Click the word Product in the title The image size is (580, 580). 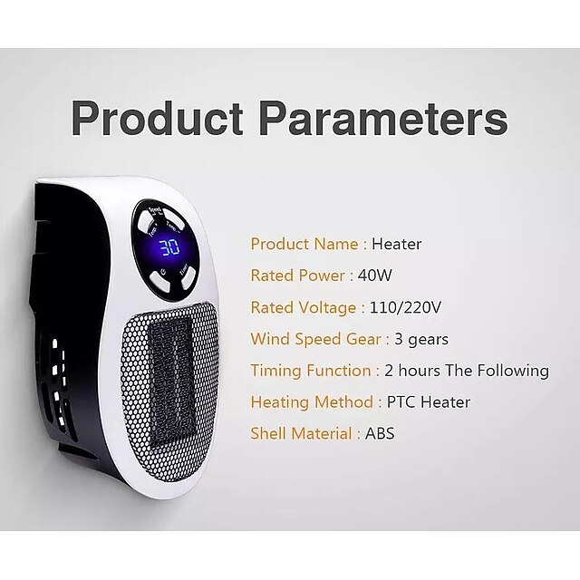pyautogui.click(x=156, y=119)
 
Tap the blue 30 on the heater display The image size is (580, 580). pyautogui.click(x=169, y=248)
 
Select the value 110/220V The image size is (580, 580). pyautogui.click(x=406, y=307)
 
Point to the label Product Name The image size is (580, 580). pyautogui.click(x=304, y=244)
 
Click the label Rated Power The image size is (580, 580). pyautogui.click(x=298, y=275)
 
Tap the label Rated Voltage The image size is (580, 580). pyautogui.click(x=304, y=307)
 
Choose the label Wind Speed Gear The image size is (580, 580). pyautogui.click(x=316, y=339)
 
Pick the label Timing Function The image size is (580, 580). pyautogui.click(x=311, y=371)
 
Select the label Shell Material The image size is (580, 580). pyautogui.click(x=301, y=433)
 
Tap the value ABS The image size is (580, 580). pyautogui.click(x=380, y=433)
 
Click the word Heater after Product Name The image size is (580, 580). pyautogui.click(x=397, y=244)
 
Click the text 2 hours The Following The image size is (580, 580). pyautogui.click(x=467, y=371)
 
